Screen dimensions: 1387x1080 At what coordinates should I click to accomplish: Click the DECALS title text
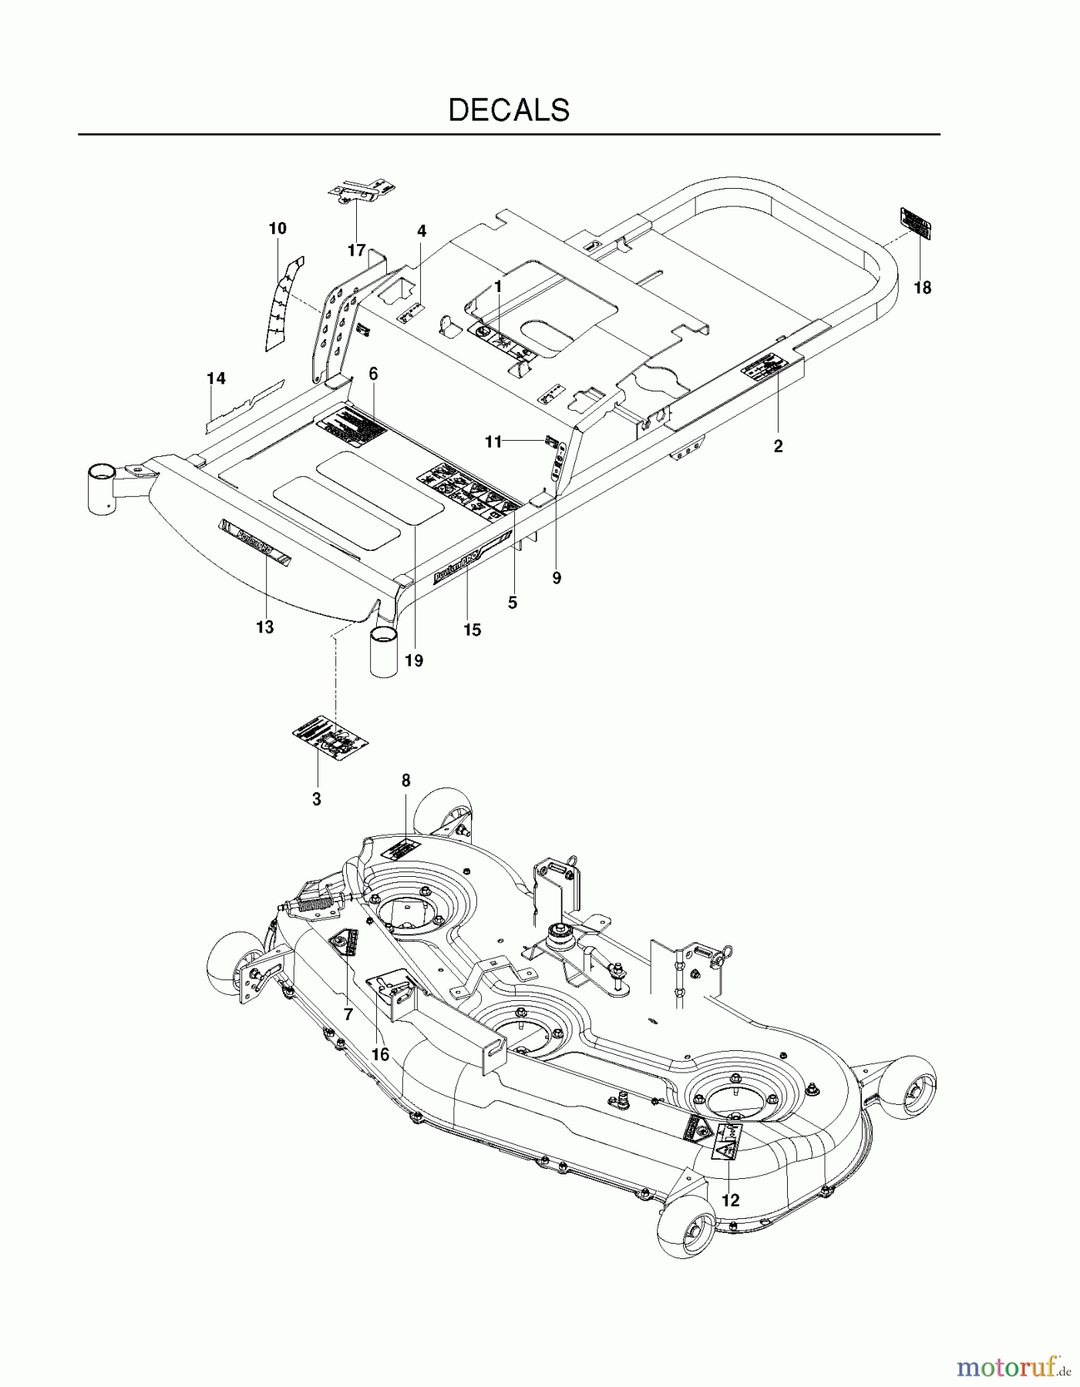509,110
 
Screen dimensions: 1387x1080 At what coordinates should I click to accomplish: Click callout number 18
922,288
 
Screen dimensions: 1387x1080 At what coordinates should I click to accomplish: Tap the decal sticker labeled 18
916,223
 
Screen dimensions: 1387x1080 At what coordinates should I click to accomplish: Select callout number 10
278,228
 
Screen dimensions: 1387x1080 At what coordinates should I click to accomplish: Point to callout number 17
356,250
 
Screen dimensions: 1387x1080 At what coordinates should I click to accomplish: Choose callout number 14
216,378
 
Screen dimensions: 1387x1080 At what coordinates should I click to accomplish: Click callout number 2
778,446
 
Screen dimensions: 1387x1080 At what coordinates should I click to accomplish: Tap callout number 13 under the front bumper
264,627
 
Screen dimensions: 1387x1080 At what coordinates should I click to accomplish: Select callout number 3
316,800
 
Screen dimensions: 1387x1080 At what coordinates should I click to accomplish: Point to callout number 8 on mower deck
406,781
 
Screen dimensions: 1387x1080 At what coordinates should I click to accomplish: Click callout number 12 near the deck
730,1201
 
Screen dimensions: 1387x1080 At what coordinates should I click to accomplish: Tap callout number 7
348,1015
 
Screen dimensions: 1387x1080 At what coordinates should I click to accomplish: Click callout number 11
493,442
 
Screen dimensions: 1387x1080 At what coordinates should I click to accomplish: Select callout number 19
414,660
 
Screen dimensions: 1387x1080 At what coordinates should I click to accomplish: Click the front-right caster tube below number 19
384,652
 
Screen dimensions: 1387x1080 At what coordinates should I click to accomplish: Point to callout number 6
373,374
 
